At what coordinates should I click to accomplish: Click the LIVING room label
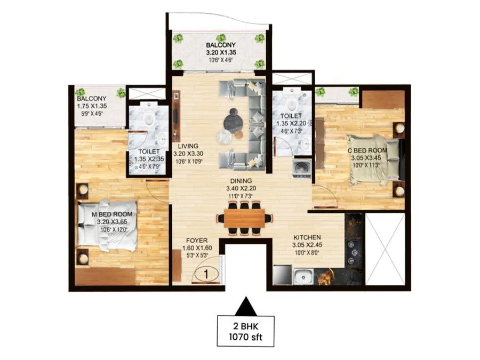coord(189,146)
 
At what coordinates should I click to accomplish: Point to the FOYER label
coord(196,241)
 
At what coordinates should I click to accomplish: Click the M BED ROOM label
coord(111,214)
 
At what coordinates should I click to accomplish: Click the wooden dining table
coord(244,218)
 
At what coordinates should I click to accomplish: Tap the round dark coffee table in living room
coord(234,117)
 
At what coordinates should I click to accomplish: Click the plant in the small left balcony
coord(121,93)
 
